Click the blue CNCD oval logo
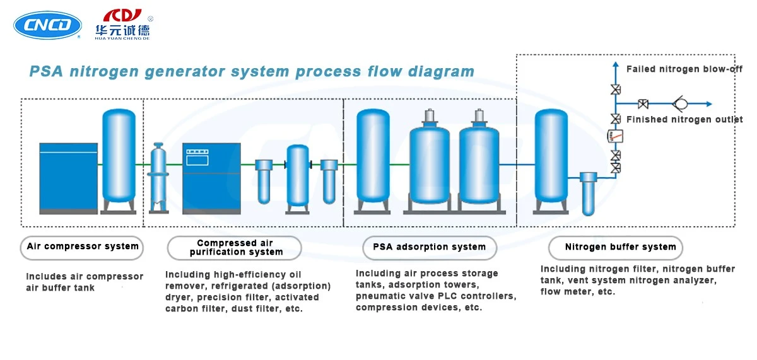47,25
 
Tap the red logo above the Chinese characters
122,16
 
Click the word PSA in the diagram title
46,71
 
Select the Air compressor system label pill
82,248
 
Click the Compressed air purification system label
234,248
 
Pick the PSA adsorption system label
430,248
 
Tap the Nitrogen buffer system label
616,248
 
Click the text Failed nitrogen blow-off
684,69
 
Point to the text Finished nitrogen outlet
684,120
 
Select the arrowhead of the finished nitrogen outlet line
709,104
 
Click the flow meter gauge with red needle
616,136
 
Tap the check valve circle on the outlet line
681,103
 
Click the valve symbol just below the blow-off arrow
616,90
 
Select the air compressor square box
69,178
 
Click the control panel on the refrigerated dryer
197,158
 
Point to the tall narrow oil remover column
158,178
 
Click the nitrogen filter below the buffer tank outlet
589,194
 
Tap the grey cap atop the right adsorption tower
479,117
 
